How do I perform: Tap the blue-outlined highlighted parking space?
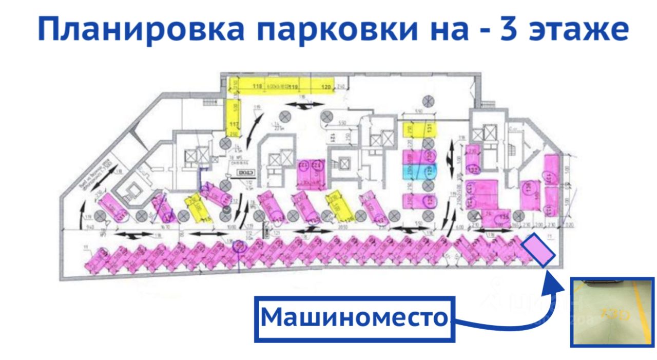538,250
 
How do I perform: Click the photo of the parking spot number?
612,312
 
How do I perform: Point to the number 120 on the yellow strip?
326,86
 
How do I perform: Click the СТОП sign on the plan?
245,174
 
